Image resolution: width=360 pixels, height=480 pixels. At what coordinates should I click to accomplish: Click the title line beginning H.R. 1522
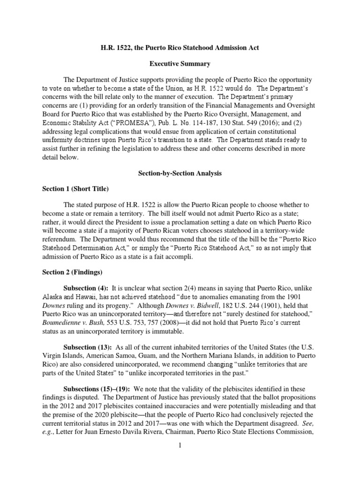pos(180,48)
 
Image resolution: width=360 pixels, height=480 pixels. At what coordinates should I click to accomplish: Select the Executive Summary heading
pos(180,63)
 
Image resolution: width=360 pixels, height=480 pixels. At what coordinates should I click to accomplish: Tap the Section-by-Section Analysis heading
pos(180,173)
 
